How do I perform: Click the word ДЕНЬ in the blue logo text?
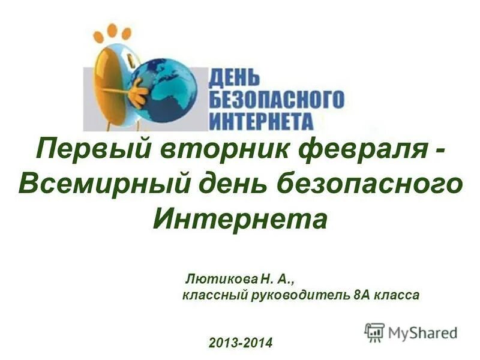coord(235,77)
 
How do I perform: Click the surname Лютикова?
coord(221,279)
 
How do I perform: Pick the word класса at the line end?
coord(396,295)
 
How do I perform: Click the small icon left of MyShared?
coord(374,331)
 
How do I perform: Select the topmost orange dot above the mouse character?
coord(111,28)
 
